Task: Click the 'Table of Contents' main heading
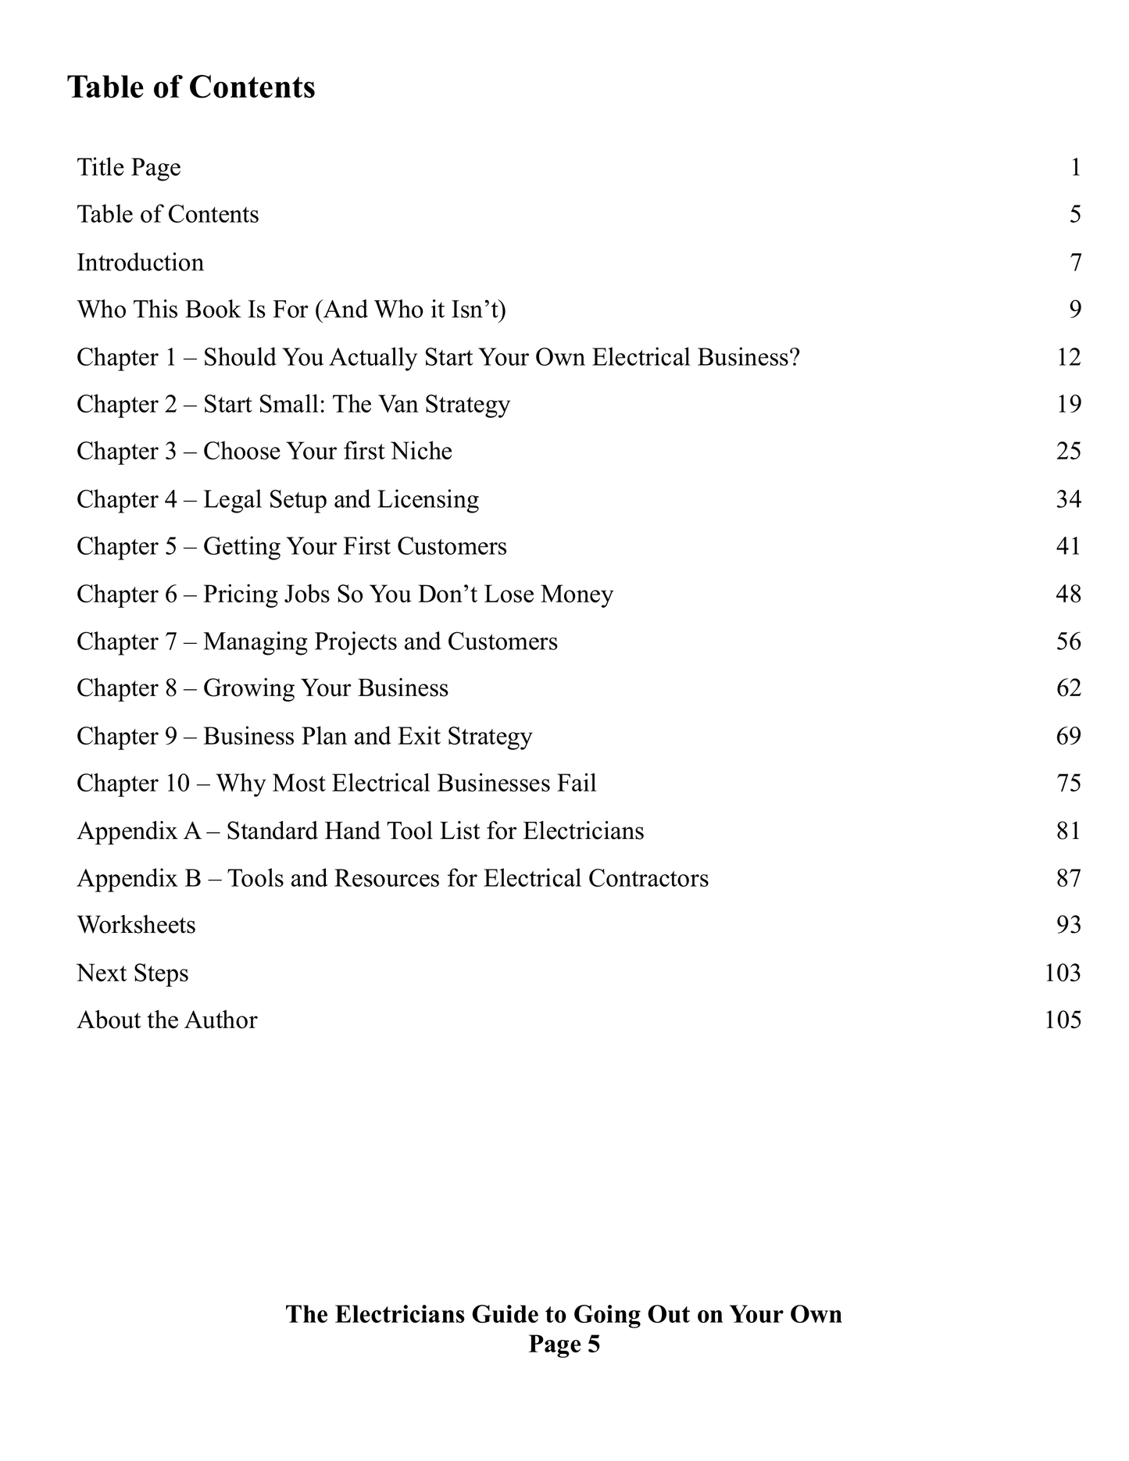(191, 87)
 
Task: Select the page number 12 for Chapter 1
(1068, 357)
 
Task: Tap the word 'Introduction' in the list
(140, 263)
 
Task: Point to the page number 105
(1062, 1020)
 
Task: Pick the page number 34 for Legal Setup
(1068, 499)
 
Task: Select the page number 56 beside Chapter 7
(1068, 641)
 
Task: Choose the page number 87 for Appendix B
(1068, 878)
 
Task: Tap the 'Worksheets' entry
(136, 925)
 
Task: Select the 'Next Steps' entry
(132, 973)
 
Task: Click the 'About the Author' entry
(166, 1020)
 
